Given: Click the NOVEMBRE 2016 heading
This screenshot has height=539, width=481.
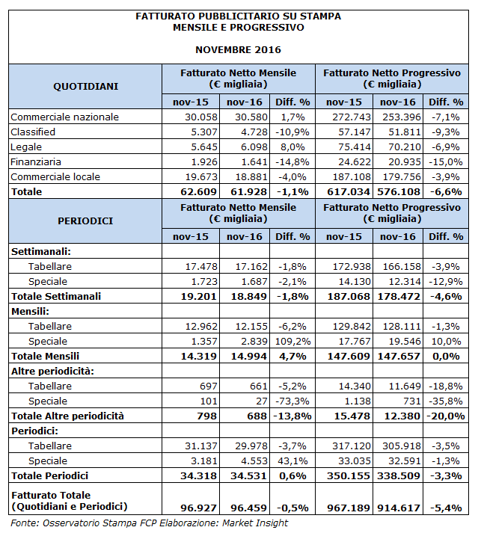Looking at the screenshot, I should click(x=238, y=49).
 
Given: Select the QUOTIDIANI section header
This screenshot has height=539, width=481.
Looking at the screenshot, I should click(x=85, y=87).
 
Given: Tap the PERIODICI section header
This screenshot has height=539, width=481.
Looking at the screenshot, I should click(x=85, y=221).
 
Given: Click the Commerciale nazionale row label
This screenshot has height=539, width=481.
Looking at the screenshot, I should click(x=65, y=117).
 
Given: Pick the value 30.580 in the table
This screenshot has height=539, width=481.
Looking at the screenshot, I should click(x=245, y=117).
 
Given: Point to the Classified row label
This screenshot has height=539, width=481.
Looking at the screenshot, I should click(x=33, y=132).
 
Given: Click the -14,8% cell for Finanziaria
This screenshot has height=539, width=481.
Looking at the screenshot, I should click(x=293, y=161).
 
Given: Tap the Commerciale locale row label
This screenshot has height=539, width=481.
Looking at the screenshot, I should click(x=56, y=176).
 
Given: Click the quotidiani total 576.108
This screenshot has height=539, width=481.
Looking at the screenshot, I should click(x=396, y=191).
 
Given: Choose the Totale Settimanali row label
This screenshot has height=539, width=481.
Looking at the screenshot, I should click(x=67, y=296).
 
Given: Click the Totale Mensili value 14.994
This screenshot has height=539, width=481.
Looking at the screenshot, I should click(x=245, y=356).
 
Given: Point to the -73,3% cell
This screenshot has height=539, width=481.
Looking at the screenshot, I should click(x=293, y=401).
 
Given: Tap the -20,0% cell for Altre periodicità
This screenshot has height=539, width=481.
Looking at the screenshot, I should click(x=445, y=416).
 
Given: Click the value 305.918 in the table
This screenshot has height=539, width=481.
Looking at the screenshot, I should click(x=397, y=446).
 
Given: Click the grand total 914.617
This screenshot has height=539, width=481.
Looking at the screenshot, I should click(x=396, y=507).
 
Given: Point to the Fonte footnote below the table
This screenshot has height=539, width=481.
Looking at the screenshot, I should click(x=150, y=523).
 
